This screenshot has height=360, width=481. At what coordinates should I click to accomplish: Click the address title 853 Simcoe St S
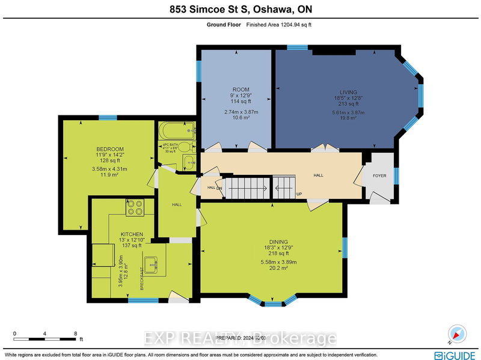[240, 9]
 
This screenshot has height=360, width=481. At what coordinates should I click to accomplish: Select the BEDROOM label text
[110, 149]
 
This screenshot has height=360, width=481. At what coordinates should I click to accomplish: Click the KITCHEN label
[131, 234]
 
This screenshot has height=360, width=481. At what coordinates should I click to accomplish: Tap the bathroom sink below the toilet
[188, 161]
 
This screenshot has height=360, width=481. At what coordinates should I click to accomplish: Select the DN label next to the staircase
[219, 188]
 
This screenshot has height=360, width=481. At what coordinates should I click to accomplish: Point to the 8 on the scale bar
[75, 333]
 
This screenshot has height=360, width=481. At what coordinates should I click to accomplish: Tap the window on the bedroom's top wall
[108, 117]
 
